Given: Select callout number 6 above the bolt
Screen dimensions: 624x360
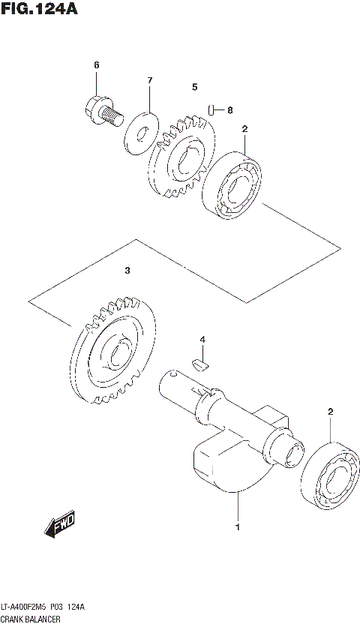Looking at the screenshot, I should pyautogui.click(x=96, y=65).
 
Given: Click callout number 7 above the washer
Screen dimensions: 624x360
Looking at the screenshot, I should pyautogui.click(x=149, y=80).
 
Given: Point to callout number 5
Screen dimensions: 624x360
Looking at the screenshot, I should pyautogui.click(x=194, y=87).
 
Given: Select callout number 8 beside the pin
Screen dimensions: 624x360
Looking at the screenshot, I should pyautogui.click(x=229, y=110).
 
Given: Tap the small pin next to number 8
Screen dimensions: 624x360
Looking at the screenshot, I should pyautogui.click(x=213, y=110).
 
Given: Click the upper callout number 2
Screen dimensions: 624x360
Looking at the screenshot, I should pyautogui.click(x=244, y=129).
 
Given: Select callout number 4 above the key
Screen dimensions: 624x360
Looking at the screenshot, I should pyautogui.click(x=202, y=340).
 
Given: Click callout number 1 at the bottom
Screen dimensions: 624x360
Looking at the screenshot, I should pyautogui.click(x=238, y=527).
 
